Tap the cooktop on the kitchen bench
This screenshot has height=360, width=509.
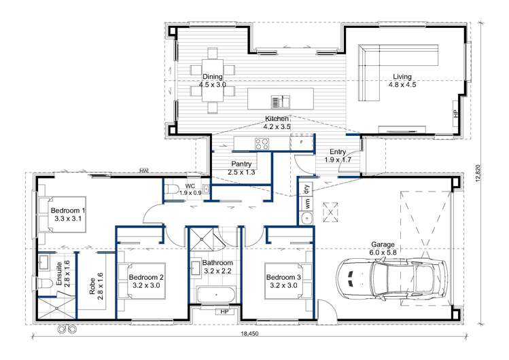pyautogui.click(x=262, y=143)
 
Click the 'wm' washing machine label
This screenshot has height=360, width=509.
pyautogui.click(x=306, y=203)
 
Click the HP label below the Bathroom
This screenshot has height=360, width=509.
pyautogui.click(x=223, y=312)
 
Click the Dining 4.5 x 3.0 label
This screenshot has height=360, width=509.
pyautogui.click(x=212, y=81)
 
